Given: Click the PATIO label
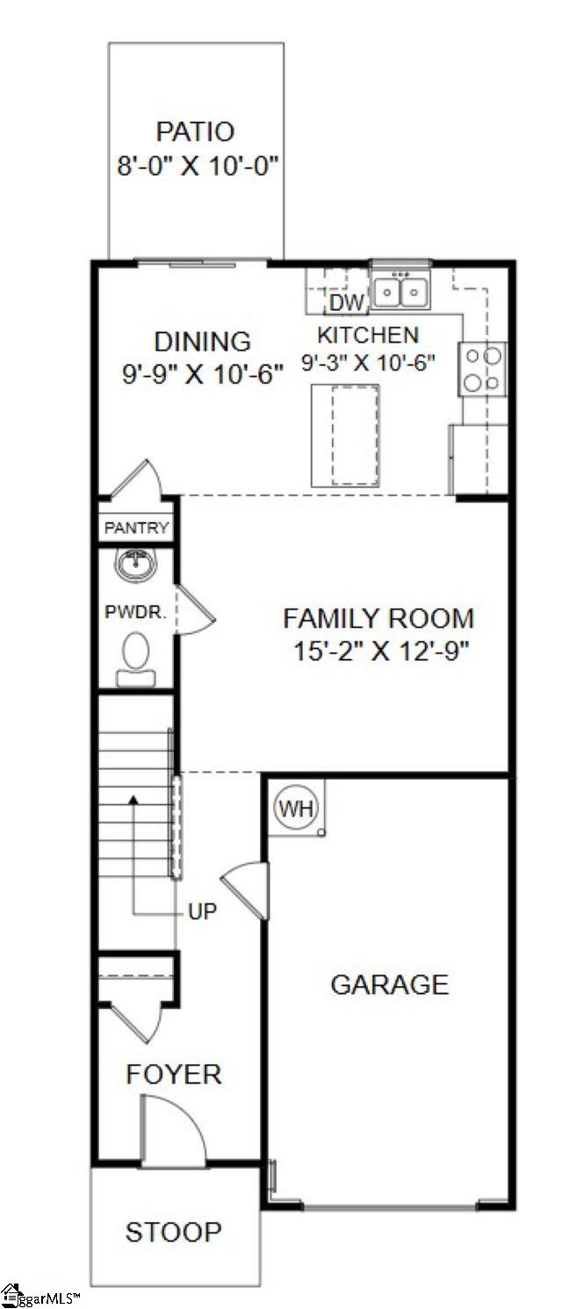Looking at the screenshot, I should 195,132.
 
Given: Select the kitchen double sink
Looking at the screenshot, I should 400,291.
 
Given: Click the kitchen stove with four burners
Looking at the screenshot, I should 483,369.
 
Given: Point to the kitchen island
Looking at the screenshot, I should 344,435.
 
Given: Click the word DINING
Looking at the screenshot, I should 202,341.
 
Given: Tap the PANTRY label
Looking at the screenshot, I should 136,529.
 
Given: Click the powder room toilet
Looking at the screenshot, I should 135,658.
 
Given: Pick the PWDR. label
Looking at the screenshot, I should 135,612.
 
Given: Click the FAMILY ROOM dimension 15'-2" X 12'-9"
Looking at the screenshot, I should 378,651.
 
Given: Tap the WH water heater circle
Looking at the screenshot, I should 289,806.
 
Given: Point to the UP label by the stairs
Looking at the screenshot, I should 202,911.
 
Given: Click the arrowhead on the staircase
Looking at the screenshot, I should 133,800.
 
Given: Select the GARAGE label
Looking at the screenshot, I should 389,984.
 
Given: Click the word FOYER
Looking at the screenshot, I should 174,1074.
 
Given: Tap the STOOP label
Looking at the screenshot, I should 173,1232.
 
